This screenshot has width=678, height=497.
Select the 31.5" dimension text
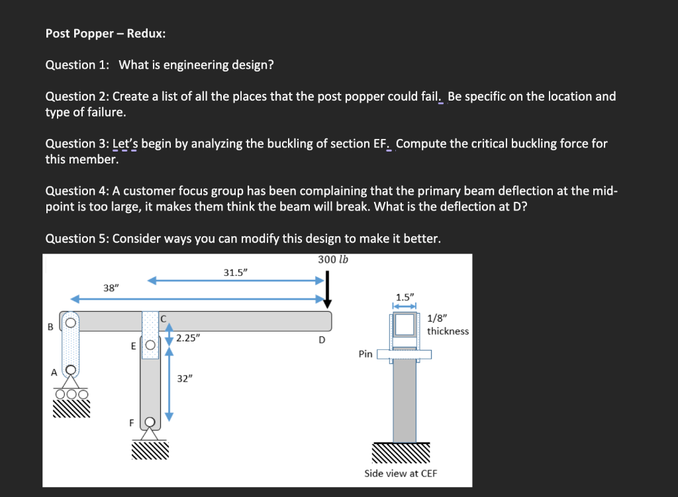[236, 272]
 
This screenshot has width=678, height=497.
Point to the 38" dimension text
[111, 288]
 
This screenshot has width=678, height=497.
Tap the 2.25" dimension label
[188, 338]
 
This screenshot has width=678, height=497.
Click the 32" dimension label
[185, 379]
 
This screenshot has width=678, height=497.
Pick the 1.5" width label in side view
[403, 296]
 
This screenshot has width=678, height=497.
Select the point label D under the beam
[322, 340]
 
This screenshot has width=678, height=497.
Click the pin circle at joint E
[150, 345]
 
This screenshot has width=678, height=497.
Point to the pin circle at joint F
[150, 422]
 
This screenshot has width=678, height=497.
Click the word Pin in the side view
[365, 354]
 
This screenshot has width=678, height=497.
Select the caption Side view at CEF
[400, 473]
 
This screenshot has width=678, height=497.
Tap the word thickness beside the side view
[448, 331]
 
